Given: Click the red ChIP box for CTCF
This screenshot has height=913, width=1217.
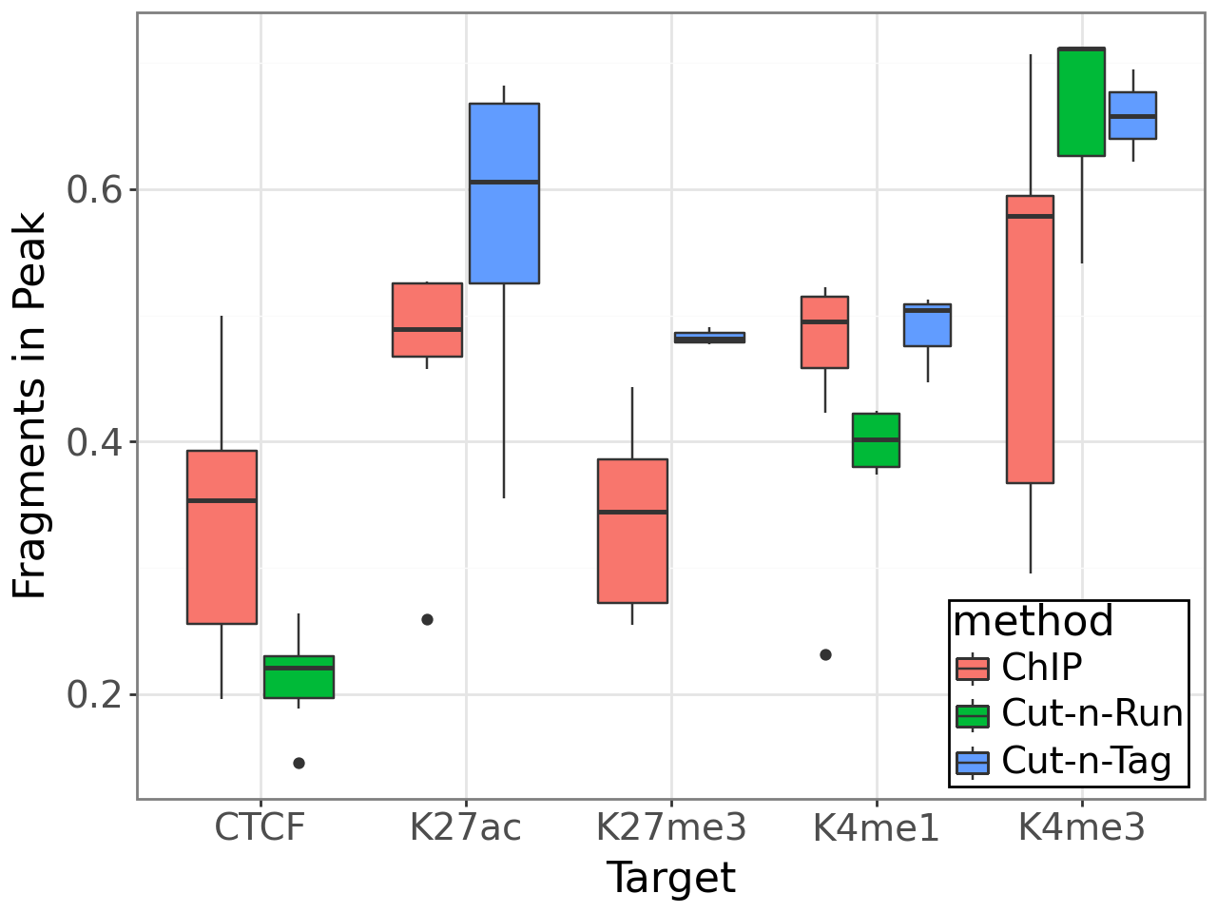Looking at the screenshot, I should click(222, 536).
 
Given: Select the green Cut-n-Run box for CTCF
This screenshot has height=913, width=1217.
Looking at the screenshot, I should click(299, 677).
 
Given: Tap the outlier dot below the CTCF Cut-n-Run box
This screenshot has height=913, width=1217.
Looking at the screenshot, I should click(299, 763).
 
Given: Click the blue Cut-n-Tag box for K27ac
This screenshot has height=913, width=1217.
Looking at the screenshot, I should click(504, 193).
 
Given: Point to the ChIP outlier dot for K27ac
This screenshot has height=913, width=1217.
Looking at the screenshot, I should click(427, 619).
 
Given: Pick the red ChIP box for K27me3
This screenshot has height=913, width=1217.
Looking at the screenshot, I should click(632, 531).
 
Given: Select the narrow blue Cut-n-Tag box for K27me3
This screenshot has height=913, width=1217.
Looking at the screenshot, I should click(709, 337).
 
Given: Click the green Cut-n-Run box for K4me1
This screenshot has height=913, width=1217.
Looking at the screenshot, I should click(876, 439).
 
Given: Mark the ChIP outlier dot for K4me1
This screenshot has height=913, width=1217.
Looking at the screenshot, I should click(825, 654).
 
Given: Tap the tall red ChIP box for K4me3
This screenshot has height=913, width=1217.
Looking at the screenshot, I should click(1030, 340).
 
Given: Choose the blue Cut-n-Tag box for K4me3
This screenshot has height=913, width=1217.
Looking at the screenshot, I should click(1132, 115).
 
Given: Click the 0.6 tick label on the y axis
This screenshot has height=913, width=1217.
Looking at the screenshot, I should click(96, 190).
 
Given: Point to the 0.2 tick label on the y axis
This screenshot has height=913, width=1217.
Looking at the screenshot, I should click(96, 695).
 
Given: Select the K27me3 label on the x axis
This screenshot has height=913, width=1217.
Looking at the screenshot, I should click(671, 827).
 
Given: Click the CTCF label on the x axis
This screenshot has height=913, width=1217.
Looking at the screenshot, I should click(260, 827).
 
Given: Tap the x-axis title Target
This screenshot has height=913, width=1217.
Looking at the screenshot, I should click(671, 878).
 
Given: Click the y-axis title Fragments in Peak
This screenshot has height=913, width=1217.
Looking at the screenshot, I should click(30, 406).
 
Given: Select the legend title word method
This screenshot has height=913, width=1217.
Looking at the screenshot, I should click(1033, 622).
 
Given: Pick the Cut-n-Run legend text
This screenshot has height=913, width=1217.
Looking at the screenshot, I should click(1092, 713).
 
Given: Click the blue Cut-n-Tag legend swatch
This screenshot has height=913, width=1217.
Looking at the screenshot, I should click(973, 762).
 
